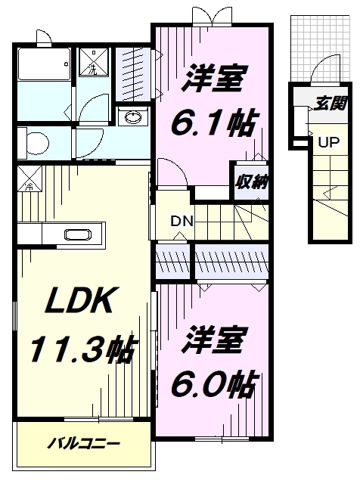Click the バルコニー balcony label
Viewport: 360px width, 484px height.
pos(84,443)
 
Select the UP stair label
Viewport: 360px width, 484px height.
pos(327,141)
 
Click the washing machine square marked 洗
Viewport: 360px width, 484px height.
pos(93,65)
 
